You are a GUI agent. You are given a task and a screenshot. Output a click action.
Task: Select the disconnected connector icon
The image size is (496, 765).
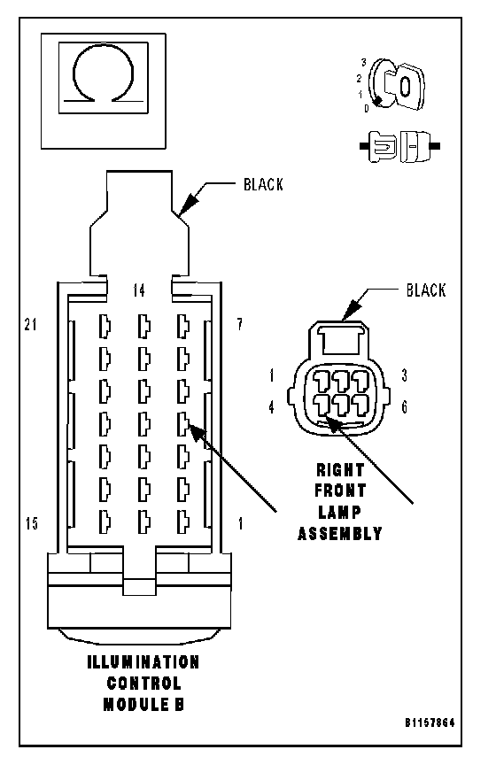click(399, 146)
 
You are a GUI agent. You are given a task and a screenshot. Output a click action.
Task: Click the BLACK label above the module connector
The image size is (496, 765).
click(264, 184)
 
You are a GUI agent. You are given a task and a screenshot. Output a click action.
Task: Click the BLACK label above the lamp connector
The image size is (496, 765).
click(426, 290)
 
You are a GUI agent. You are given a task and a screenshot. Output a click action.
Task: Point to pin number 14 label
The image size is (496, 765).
click(139, 290)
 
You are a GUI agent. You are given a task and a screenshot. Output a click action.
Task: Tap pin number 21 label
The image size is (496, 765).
click(31, 324)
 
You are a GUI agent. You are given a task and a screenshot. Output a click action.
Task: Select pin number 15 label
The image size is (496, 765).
click(32, 523)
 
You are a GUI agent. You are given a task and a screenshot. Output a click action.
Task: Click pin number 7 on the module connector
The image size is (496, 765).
click(240, 324)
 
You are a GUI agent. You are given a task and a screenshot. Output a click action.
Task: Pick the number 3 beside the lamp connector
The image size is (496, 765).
click(404, 375)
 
